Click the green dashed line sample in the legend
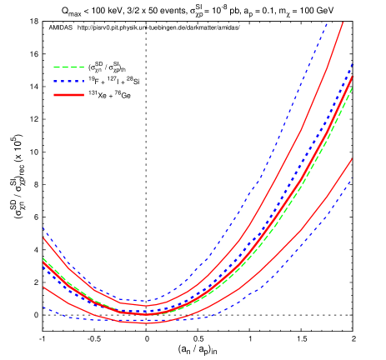(x=68, y=67)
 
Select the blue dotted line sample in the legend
(x=68, y=81)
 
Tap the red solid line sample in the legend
(x=68, y=95)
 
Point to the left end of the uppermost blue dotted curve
(x=43, y=228)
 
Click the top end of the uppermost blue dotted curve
(x=326, y=22)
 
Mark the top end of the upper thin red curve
(x=343, y=22)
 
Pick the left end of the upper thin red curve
(x=43, y=238)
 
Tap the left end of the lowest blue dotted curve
(x=43, y=307)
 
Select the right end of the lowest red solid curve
(x=352, y=158)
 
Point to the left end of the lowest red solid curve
(x=43, y=287)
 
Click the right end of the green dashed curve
(x=352, y=87)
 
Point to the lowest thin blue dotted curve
(x=275, y=278)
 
